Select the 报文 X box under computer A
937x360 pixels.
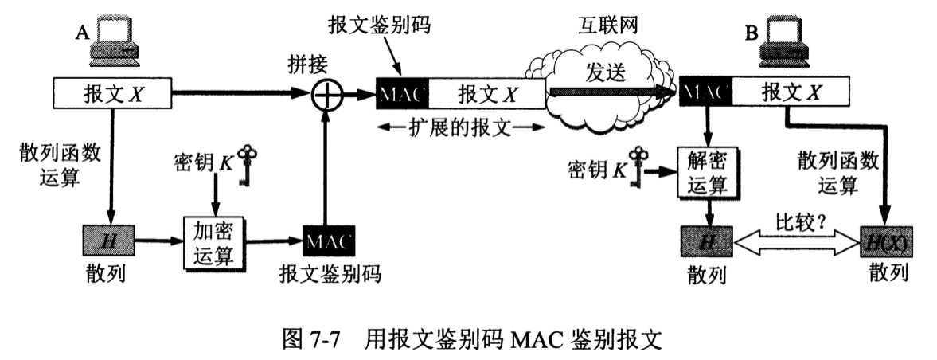(x=113, y=96)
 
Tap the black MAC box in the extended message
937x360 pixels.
(x=403, y=95)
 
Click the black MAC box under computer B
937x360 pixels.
(x=705, y=93)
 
